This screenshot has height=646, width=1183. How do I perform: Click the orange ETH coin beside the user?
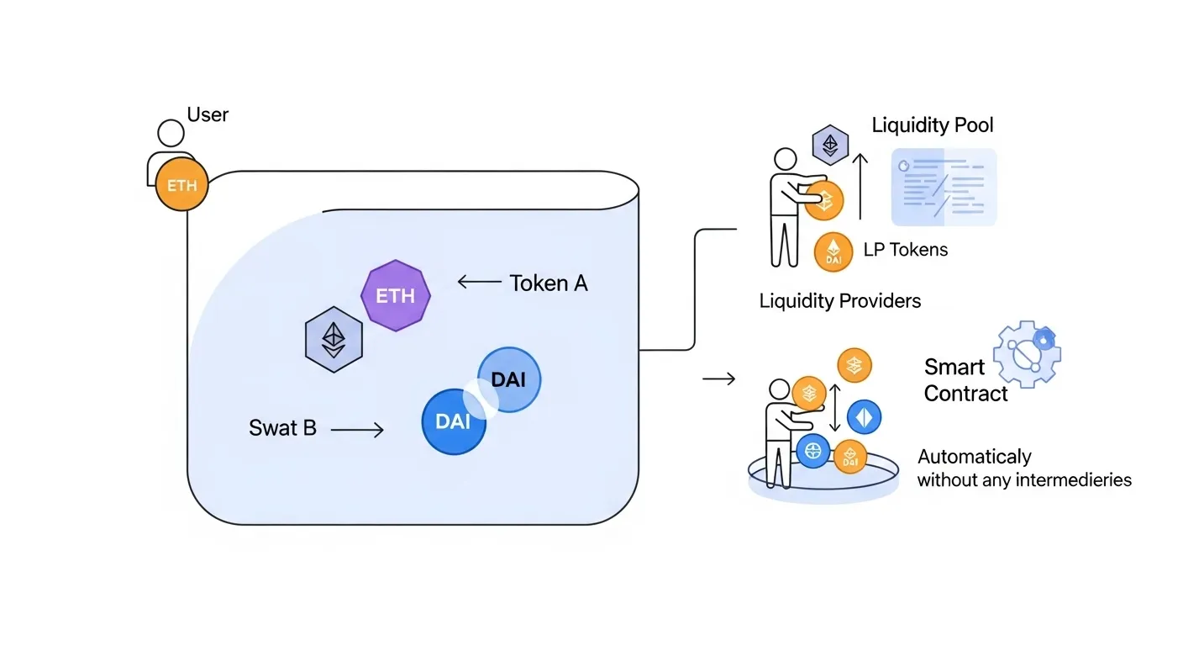coord(181,185)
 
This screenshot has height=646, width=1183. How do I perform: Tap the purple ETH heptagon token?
coord(395,296)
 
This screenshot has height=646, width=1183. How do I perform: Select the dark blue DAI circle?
coord(454,421)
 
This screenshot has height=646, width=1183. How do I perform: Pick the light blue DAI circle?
coord(509,379)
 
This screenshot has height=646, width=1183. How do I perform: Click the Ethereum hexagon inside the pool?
coord(334,340)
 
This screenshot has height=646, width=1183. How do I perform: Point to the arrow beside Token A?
coord(479,283)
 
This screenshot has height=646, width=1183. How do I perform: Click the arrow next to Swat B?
coord(357,430)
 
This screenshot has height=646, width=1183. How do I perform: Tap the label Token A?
coord(549,283)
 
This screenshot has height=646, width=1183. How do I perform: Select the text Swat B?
coord(282,428)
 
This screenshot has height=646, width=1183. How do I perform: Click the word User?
coord(208,114)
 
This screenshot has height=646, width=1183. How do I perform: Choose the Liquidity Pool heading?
coord(933,126)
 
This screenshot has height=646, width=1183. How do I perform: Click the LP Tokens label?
coord(906,249)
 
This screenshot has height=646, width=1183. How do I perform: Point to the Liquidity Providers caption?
coord(840,300)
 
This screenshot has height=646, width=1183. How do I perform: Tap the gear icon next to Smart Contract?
coord(1028,353)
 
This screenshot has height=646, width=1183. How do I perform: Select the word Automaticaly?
coord(974,458)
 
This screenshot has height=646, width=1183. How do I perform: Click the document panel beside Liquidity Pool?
coord(944,187)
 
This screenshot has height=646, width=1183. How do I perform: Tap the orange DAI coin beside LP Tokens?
coord(833,252)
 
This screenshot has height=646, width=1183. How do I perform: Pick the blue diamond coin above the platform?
coord(864,417)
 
